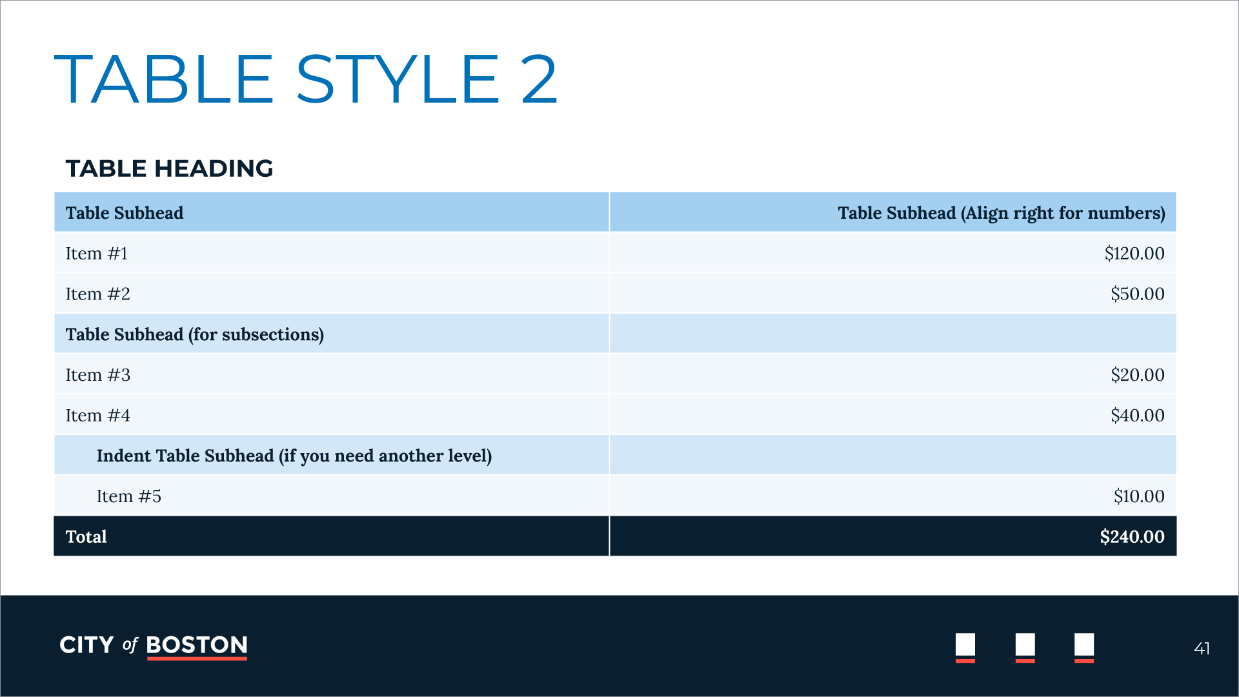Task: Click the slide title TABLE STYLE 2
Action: tap(305, 79)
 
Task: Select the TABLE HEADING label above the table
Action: tap(170, 168)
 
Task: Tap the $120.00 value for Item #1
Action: tap(1134, 253)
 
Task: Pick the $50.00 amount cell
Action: tap(1138, 294)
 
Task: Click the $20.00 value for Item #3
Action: tap(1138, 374)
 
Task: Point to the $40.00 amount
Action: tap(1138, 415)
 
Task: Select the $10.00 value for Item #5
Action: tap(1139, 496)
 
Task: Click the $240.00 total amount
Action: tap(1133, 536)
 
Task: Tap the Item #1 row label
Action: tap(97, 253)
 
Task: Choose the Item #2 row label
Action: tap(98, 294)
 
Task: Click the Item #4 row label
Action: tap(98, 415)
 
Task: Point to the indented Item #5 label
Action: tap(129, 496)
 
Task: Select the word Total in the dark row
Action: tap(86, 536)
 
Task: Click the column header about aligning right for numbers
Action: tap(1002, 213)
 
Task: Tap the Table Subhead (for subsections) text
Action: tap(195, 334)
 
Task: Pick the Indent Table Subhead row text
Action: tap(294, 456)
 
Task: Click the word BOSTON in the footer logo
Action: tap(197, 645)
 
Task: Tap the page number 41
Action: tap(1202, 648)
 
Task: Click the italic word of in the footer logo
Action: tap(130, 645)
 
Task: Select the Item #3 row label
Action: tap(98, 374)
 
